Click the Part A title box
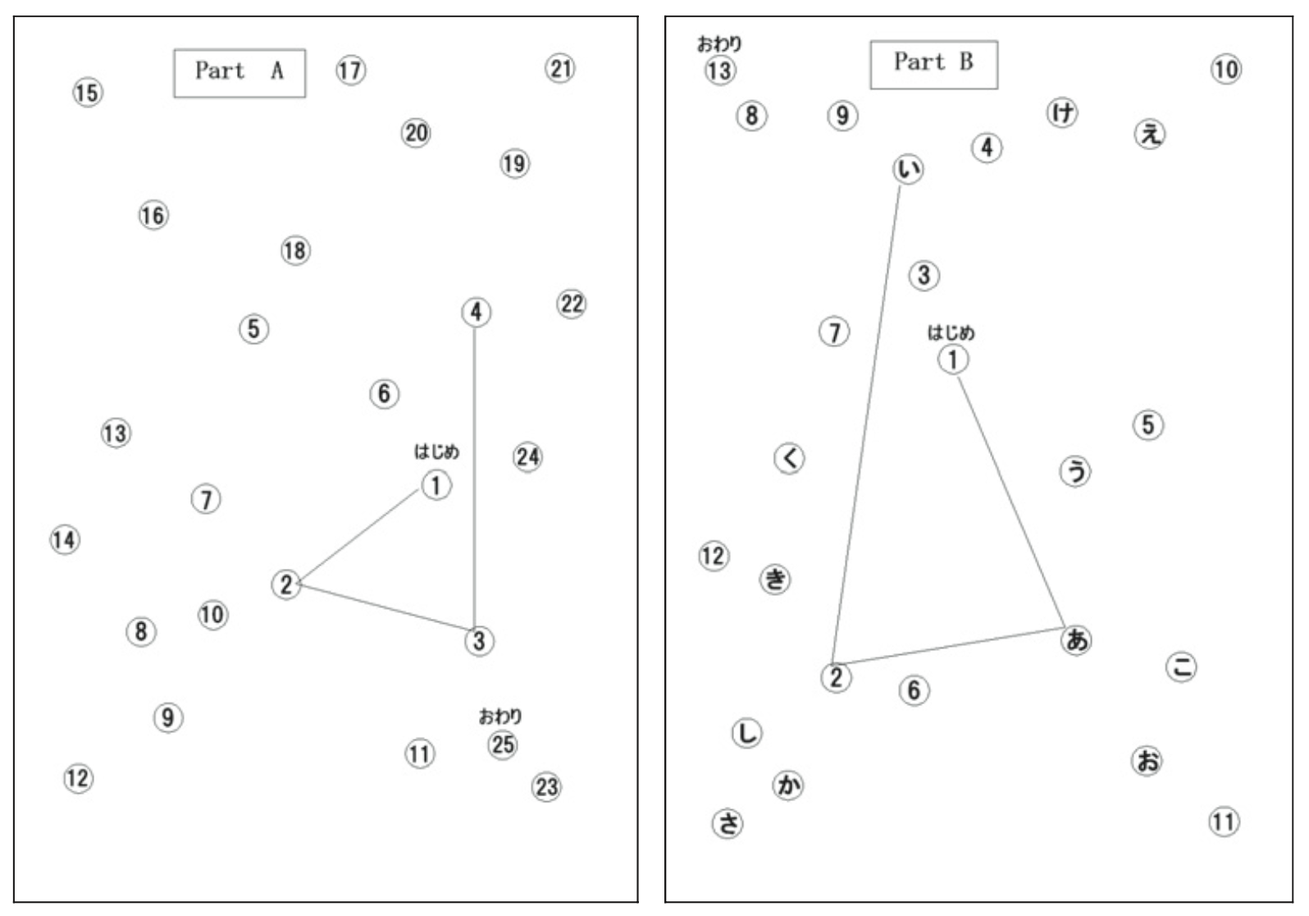[x=239, y=73]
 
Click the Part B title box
[x=933, y=64]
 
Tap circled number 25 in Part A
[x=503, y=744]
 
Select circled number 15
[x=88, y=93]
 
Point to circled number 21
[x=560, y=68]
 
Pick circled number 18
[x=295, y=250]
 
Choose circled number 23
[x=547, y=787]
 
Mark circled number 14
[x=65, y=540]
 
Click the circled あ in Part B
[x=1076, y=639]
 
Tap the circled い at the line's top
[x=908, y=169]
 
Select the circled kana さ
[x=727, y=822]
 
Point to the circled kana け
[x=1063, y=112]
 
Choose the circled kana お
[x=1147, y=761]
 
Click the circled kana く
[x=790, y=458]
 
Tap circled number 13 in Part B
[x=720, y=71]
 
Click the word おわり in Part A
[x=500, y=717]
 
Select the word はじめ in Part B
[x=951, y=332]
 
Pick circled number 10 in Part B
[x=1226, y=70]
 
